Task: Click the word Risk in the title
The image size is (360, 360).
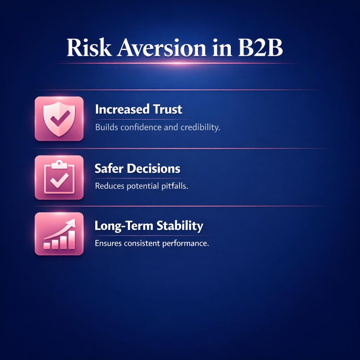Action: pos(88,49)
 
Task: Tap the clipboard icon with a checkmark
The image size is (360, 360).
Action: pos(59,178)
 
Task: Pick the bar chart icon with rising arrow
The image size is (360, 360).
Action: pos(59,234)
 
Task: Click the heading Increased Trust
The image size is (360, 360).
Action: pos(139,109)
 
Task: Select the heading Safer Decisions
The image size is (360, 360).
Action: pos(137,168)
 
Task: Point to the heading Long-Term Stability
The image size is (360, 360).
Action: pos(149,226)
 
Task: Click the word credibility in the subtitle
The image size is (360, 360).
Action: pos(200,127)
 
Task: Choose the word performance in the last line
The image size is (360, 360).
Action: pos(185,243)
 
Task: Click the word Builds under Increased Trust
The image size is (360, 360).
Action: pos(106,127)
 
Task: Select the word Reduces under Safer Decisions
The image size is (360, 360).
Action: pos(110,186)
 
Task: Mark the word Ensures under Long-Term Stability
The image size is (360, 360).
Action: pos(109,243)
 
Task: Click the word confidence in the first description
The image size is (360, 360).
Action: pos(141,127)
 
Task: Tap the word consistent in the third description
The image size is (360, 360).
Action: pos(142,243)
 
